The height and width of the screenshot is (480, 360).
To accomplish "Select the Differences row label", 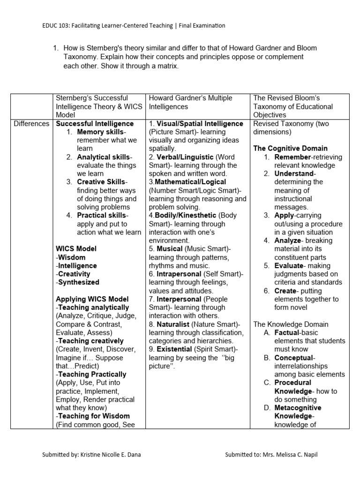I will pyautogui.click(x=31, y=124).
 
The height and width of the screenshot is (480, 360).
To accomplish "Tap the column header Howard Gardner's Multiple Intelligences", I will pyautogui.click(x=190, y=102).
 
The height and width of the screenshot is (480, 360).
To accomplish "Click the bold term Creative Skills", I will pyautogui.click(x=101, y=182).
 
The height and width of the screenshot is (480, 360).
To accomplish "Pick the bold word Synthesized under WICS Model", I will pyautogui.click(x=78, y=282).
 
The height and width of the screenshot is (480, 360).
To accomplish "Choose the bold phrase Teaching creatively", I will pyautogui.click(x=91, y=341).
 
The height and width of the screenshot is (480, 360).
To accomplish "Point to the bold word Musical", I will pyautogui.click(x=169, y=249).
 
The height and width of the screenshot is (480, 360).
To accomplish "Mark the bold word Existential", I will pyautogui.click(x=174, y=349).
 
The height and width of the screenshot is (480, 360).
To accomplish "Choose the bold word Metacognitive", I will pyautogui.click(x=298, y=408).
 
